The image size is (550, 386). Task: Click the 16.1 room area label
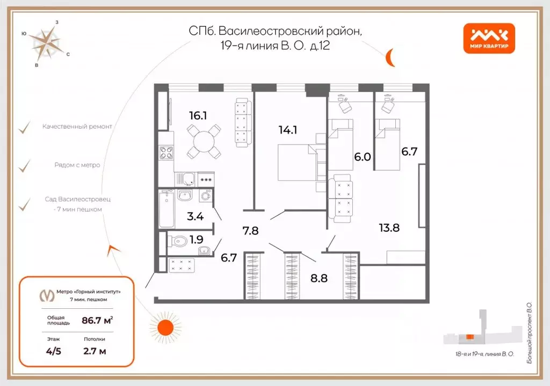click(198, 116)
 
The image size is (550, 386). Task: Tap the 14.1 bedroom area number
click(288, 130)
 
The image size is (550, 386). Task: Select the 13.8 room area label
click(389, 228)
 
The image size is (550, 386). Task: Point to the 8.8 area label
click(319, 278)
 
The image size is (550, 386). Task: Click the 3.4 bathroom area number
click(195, 216)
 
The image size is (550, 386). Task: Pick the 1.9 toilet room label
click(197, 240)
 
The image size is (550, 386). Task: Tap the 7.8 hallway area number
click(250, 231)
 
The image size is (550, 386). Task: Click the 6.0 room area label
click(363, 157)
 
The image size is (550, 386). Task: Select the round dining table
click(204, 142)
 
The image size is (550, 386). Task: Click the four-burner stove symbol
click(167, 153)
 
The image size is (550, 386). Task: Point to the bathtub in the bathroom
click(167, 209)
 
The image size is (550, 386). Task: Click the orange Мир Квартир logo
click(489, 39)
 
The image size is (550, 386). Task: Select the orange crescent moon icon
click(389, 57)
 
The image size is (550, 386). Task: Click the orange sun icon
click(165, 328)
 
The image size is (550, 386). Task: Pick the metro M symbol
click(47, 295)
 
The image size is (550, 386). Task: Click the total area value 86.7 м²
click(97, 320)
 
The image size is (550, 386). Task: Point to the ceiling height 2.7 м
click(95, 351)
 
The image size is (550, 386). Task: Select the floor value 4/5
click(53, 351)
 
